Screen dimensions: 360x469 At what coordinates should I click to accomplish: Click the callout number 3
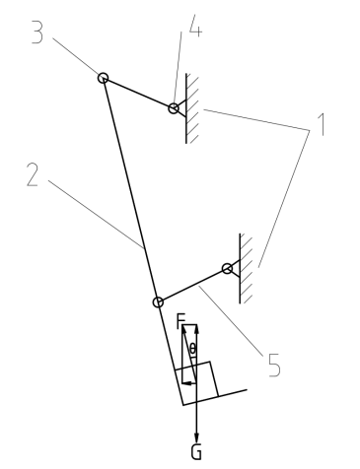coord(37,33)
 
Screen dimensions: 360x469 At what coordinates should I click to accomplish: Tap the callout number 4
coord(195,26)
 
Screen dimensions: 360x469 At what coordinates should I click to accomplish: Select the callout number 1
coord(323,124)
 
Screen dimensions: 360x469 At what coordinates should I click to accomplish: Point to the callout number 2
coord(33,175)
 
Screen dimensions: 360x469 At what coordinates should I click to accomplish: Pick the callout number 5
coord(274,365)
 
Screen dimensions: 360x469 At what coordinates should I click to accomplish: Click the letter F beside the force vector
coord(180,321)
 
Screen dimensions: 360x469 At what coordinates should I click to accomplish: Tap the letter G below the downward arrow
coord(196,452)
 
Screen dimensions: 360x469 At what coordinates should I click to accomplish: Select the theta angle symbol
coord(192,349)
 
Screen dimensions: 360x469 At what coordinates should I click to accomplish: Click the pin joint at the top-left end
coord(103,78)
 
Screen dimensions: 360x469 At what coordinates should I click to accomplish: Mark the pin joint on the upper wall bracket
coord(174,108)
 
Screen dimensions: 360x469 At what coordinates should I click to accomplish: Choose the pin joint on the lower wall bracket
coord(227,269)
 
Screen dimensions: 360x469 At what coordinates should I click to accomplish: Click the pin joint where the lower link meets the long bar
coord(158,302)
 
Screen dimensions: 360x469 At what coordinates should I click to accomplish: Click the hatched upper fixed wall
coord(192,108)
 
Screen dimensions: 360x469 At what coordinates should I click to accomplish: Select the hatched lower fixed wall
coord(246,268)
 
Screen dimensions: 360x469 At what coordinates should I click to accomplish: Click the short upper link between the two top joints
coord(138,94)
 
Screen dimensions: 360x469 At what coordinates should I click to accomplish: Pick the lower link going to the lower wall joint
coord(192,286)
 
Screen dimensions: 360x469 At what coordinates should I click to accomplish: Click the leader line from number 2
coord(96,214)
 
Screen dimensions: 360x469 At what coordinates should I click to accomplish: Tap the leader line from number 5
coord(231,321)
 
